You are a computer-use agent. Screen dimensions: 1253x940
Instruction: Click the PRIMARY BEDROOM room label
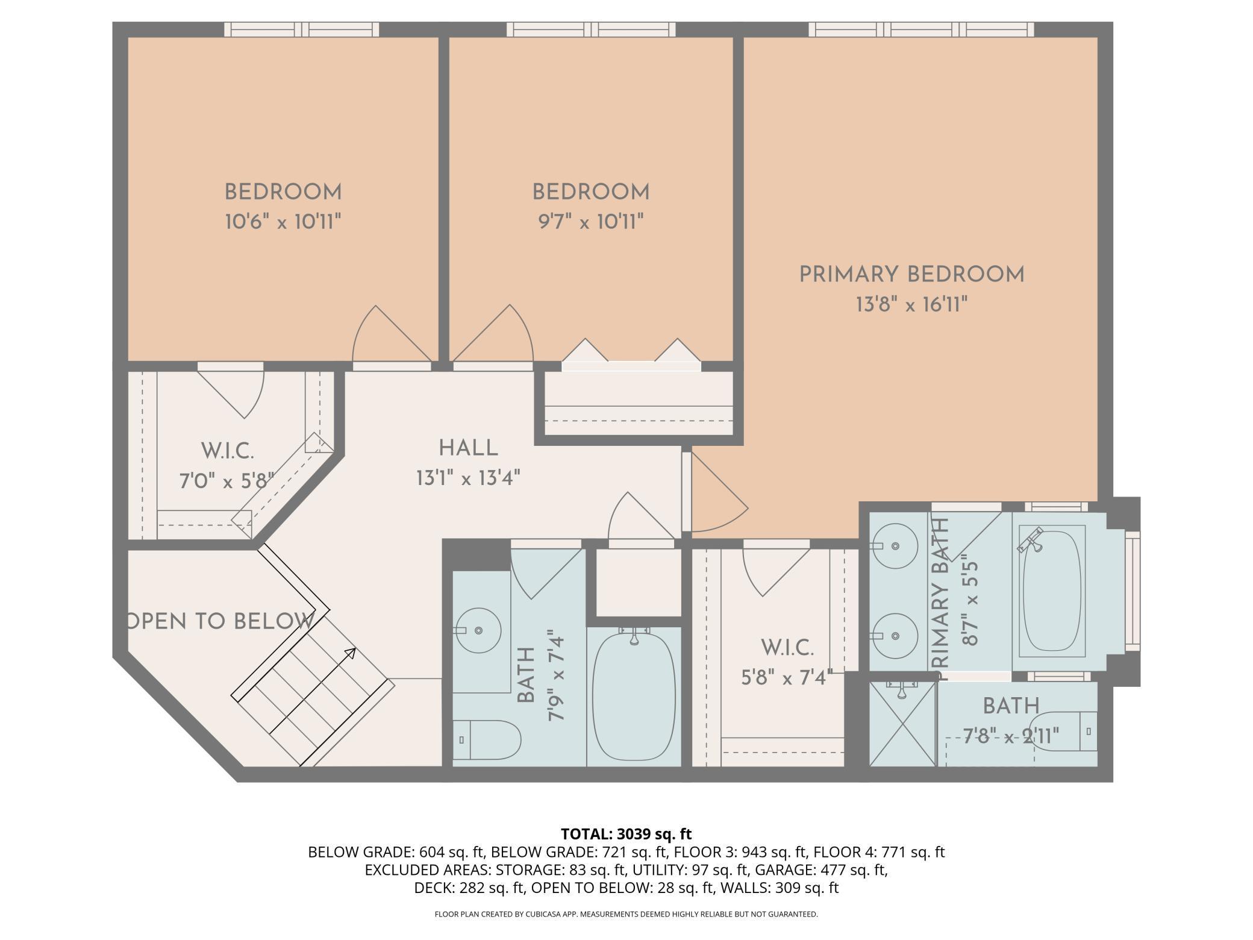click(x=911, y=275)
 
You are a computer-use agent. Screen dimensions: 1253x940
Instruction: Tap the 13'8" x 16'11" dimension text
click(x=911, y=305)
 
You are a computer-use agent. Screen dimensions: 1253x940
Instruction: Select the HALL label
click(x=468, y=448)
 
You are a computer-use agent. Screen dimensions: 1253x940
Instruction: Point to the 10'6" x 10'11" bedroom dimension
click(x=283, y=222)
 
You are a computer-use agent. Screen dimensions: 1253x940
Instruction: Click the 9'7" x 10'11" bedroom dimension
click(x=591, y=222)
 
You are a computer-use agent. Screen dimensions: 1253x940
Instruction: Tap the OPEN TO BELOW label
click(x=221, y=621)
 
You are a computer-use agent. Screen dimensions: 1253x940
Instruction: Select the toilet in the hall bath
click(x=487, y=741)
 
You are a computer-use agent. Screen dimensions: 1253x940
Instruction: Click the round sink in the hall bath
click(x=478, y=630)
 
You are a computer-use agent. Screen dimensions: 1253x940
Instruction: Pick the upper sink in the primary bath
click(x=895, y=546)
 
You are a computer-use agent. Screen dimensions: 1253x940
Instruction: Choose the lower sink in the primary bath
click(x=895, y=636)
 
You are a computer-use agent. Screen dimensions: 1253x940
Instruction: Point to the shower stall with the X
click(x=902, y=724)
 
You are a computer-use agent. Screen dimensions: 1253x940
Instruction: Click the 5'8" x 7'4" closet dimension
click(x=787, y=678)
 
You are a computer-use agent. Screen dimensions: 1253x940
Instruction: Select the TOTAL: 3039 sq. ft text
click(x=626, y=834)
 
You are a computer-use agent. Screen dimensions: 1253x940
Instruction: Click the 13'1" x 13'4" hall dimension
click(x=468, y=478)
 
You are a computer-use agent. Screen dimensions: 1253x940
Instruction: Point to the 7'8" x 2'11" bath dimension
click(x=1011, y=736)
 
